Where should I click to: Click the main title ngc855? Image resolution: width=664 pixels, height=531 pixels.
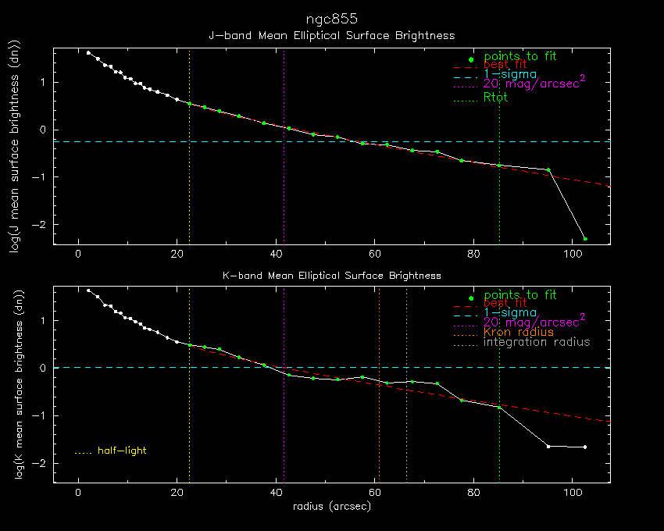(331, 17)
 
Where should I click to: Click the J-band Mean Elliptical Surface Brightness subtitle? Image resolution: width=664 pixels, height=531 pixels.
(331, 36)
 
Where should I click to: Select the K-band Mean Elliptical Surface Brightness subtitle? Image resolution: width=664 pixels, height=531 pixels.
(331, 276)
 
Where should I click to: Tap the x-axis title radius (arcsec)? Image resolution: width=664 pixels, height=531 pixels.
(331, 506)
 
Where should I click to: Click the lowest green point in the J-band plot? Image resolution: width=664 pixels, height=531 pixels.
(585, 238)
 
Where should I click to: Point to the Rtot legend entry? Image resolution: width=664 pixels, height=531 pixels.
(495, 98)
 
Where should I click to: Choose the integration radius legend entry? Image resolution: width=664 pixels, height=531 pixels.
(537, 342)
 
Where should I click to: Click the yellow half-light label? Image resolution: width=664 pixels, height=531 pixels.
(121, 451)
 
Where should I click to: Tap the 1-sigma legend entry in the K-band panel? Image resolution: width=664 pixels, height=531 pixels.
(510, 312)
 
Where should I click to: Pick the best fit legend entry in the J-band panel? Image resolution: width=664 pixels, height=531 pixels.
(505, 64)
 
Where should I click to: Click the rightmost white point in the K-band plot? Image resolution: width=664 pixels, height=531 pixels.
(585, 447)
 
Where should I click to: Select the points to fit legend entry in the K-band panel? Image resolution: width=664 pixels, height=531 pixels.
(519, 295)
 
